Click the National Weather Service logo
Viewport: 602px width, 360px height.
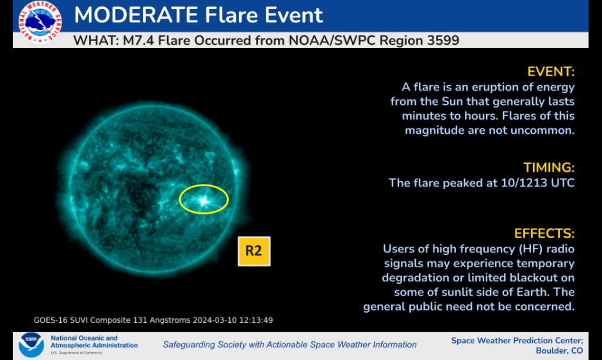40,22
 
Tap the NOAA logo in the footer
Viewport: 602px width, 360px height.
31,345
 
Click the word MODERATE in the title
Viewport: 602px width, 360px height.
136,15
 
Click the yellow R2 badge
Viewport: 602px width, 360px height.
254,251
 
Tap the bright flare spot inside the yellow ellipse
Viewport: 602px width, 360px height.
203,200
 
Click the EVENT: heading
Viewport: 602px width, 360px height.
551,72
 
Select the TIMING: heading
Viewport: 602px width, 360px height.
549,168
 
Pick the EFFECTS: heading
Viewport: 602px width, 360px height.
544,234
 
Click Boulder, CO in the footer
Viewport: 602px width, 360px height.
559,351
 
